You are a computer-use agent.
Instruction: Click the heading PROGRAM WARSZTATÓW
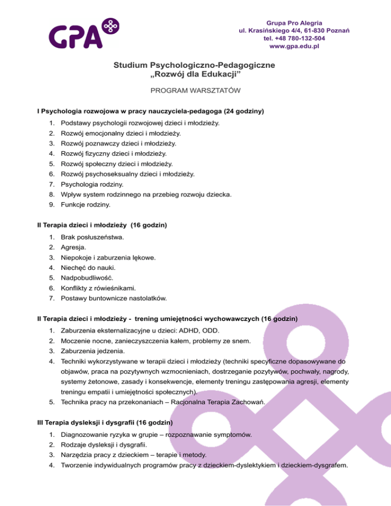(x=195, y=93)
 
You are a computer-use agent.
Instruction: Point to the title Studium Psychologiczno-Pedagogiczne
(x=195, y=65)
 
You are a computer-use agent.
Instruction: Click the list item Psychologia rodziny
(x=93, y=184)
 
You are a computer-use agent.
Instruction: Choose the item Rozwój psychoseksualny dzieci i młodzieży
(x=127, y=174)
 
